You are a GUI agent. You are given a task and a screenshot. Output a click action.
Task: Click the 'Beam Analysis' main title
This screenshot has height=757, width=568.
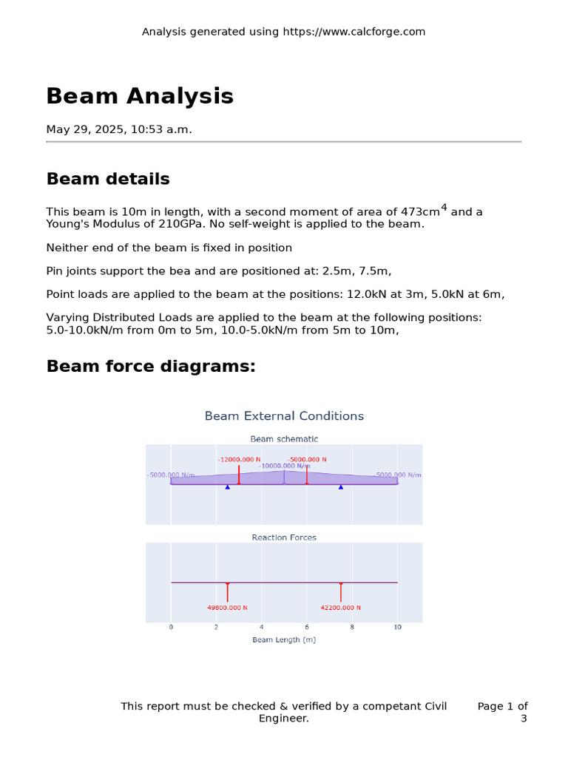140,96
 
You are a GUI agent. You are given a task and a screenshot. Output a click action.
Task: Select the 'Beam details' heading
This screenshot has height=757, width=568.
108,179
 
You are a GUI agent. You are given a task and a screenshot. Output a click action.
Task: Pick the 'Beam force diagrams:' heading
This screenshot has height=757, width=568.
151,366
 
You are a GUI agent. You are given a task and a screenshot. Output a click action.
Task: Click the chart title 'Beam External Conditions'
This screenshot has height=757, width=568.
284,416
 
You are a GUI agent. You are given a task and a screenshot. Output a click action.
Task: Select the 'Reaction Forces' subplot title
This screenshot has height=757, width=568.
284,537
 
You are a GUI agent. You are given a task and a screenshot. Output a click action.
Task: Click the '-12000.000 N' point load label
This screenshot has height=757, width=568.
239,459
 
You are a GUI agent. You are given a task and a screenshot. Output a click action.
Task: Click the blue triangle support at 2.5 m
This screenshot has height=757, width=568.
228,486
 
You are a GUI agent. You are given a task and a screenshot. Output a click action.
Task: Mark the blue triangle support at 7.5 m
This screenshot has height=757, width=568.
341,486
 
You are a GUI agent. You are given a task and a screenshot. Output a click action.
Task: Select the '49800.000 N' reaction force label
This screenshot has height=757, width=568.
228,608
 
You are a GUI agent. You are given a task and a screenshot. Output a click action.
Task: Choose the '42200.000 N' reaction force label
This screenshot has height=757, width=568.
341,608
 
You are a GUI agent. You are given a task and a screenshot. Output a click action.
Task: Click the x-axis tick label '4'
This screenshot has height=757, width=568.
262,627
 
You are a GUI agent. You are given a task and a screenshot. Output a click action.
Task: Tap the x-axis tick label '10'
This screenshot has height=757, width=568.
397,627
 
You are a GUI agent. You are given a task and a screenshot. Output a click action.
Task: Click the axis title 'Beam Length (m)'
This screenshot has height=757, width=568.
284,639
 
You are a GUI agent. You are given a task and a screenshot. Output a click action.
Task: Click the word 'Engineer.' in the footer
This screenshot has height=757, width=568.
284,718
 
